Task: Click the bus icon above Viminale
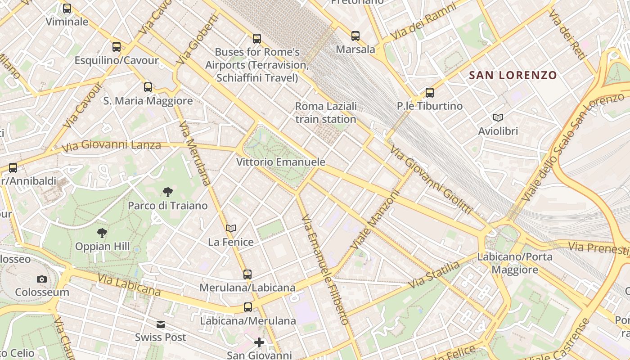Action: [67, 9]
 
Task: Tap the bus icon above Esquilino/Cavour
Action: [117, 47]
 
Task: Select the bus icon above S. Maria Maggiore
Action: [148, 87]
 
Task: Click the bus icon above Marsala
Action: [355, 36]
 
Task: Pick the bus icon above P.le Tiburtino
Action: [430, 93]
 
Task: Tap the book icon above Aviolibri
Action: [498, 118]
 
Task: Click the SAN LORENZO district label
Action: [513, 75]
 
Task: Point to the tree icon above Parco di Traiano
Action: [168, 193]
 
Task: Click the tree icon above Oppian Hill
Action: [102, 233]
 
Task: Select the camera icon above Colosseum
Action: [42, 279]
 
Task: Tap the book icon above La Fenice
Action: [231, 229]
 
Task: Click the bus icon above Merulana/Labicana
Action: [247, 274]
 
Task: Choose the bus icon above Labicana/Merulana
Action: [248, 307]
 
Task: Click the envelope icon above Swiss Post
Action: [161, 324]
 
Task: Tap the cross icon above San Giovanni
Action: [259, 342]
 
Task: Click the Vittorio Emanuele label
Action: [281, 162]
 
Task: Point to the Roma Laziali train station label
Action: [326, 112]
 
